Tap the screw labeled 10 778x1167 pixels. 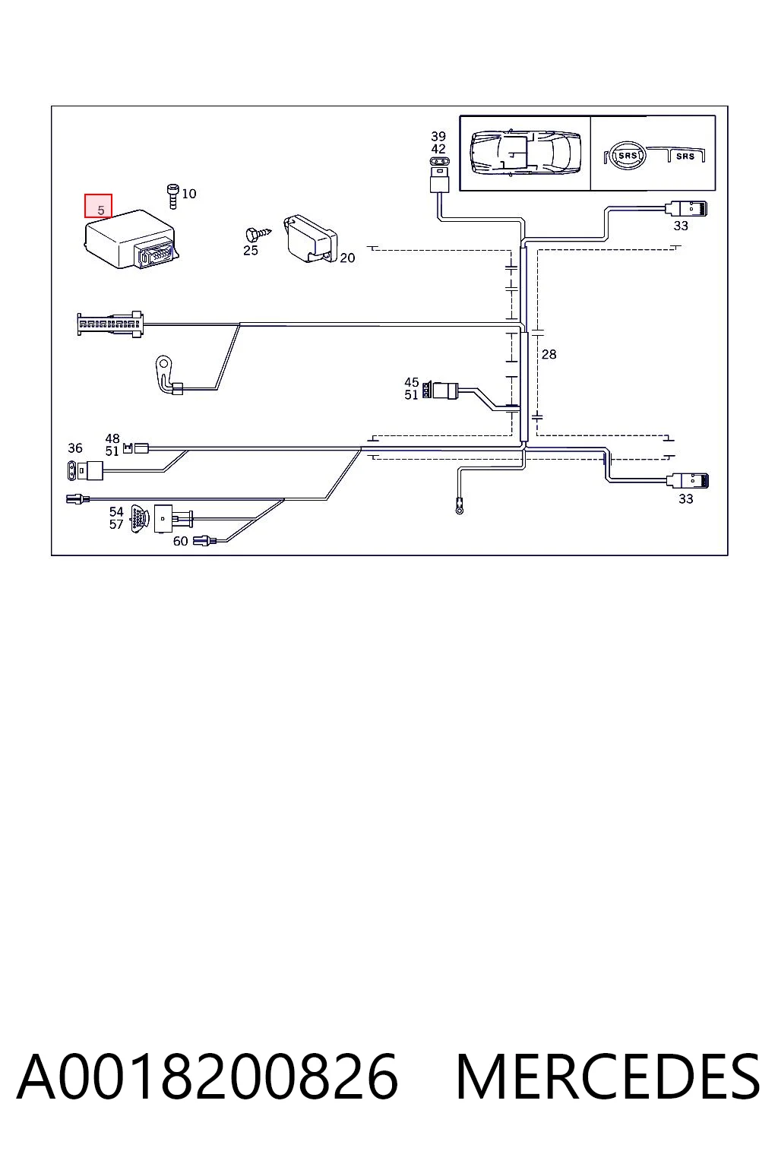(x=172, y=197)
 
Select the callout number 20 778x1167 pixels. (x=347, y=258)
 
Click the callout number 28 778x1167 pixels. (x=549, y=354)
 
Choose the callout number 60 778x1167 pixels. (x=180, y=541)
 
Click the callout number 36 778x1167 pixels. (x=75, y=448)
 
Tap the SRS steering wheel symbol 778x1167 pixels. (x=625, y=155)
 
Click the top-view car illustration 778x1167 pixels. (x=525, y=152)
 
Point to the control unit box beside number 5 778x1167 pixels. (x=132, y=239)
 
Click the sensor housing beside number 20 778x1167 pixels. (x=310, y=239)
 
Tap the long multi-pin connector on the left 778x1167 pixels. (x=110, y=324)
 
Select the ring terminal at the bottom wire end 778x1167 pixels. (x=460, y=507)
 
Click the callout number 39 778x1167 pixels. (x=438, y=137)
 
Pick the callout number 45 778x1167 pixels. (x=412, y=382)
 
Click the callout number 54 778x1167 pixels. (x=116, y=511)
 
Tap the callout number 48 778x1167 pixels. (x=112, y=438)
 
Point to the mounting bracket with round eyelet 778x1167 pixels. (x=166, y=372)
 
